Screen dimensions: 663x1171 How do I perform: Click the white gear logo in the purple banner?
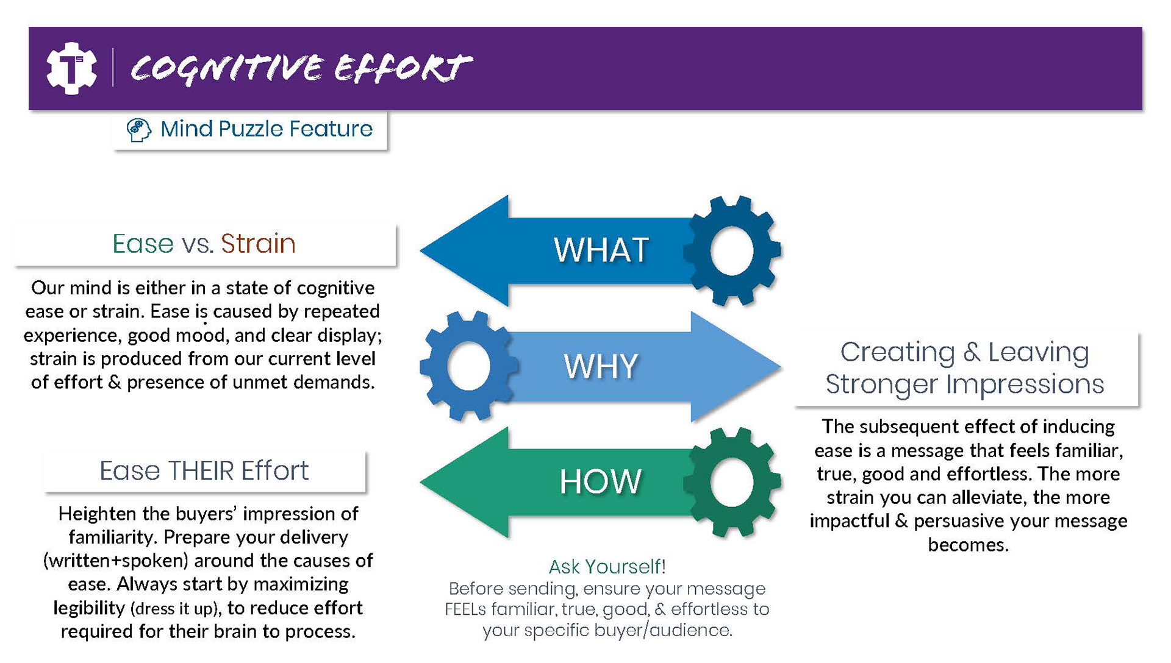pyautogui.click(x=71, y=68)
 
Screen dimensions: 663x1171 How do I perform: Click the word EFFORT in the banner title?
pyautogui.click(x=403, y=67)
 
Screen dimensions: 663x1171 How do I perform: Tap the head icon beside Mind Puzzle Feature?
pyautogui.click(x=138, y=130)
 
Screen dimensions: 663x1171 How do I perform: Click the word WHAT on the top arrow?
pyautogui.click(x=601, y=250)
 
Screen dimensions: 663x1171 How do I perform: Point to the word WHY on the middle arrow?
pyautogui.click(x=601, y=366)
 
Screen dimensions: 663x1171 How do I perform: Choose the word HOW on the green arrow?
pyautogui.click(x=601, y=481)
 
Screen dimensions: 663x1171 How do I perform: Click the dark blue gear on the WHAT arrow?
pyautogui.click(x=732, y=250)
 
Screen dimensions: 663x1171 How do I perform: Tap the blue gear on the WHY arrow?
pyautogui.click(x=468, y=366)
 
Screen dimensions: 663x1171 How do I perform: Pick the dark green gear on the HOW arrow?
pyautogui.click(x=732, y=482)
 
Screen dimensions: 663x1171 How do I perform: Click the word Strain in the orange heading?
pyautogui.click(x=258, y=244)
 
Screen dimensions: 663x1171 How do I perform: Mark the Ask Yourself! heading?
pyautogui.click(x=607, y=567)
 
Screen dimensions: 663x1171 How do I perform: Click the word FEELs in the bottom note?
pyautogui.click(x=466, y=609)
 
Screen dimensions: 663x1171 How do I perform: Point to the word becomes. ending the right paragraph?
pyautogui.click(x=968, y=545)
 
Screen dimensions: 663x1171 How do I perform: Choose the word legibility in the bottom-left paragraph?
pyautogui.click(x=89, y=608)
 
